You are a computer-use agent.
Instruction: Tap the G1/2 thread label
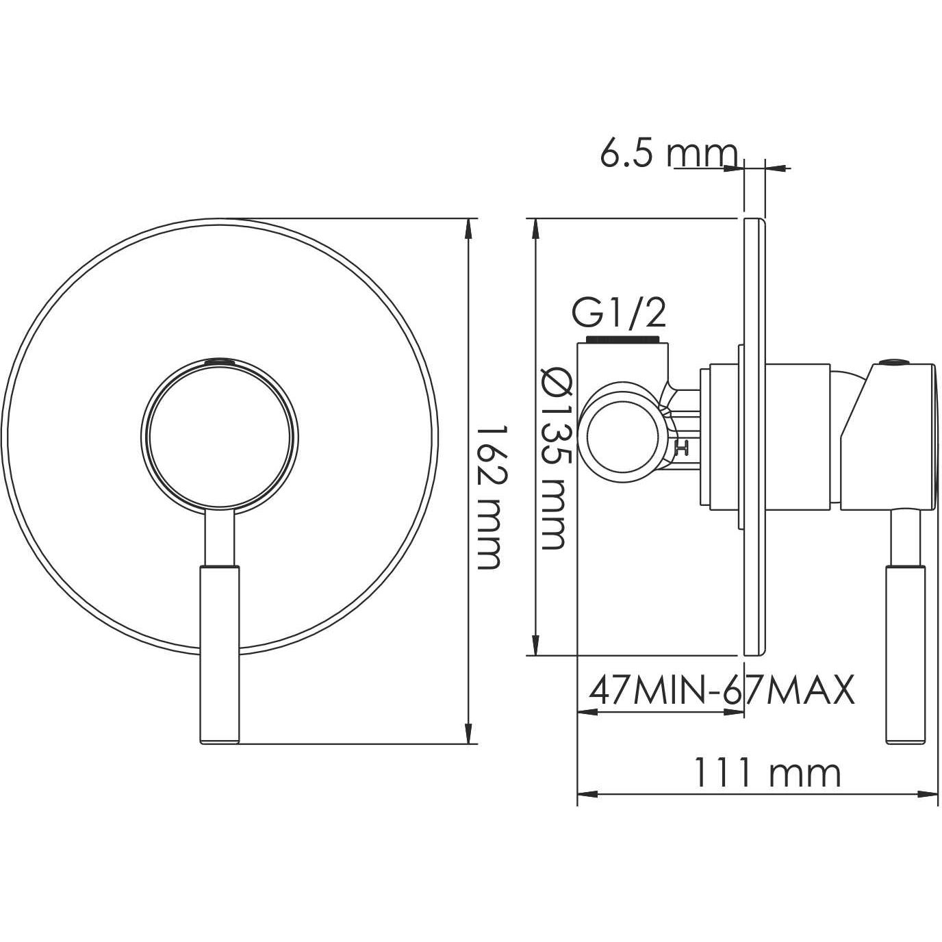click(x=618, y=315)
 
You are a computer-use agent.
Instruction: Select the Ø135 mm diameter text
click(x=552, y=457)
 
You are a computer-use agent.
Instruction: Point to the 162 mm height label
click(x=488, y=496)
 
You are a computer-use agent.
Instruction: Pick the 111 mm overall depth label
click(x=767, y=774)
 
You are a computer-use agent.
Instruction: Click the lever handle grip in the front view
click(x=219, y=654)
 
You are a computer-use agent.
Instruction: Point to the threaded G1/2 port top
click(x=624, y=340)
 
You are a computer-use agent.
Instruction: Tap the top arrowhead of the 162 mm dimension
click(x=469, y=228)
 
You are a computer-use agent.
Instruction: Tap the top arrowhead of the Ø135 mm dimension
click(x=536, y=228)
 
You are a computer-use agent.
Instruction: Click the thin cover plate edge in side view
click(x=754, y=438)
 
